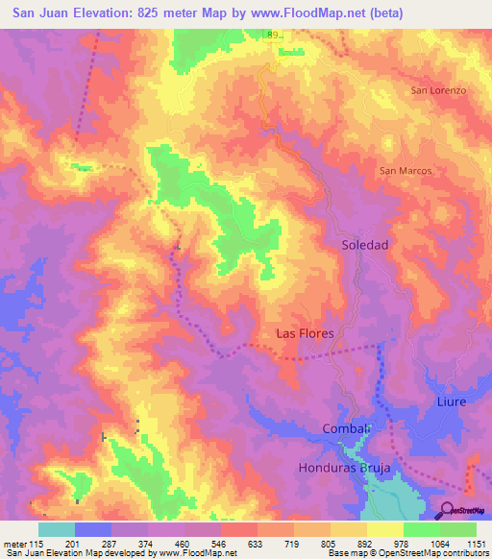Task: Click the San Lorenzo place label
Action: pos(438,90)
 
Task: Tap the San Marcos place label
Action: pos(406,171)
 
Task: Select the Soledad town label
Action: pos(365,245)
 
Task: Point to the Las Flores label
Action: pos(305,333)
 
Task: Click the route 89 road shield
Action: pos(273,35)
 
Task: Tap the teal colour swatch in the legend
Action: pos(57,529)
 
